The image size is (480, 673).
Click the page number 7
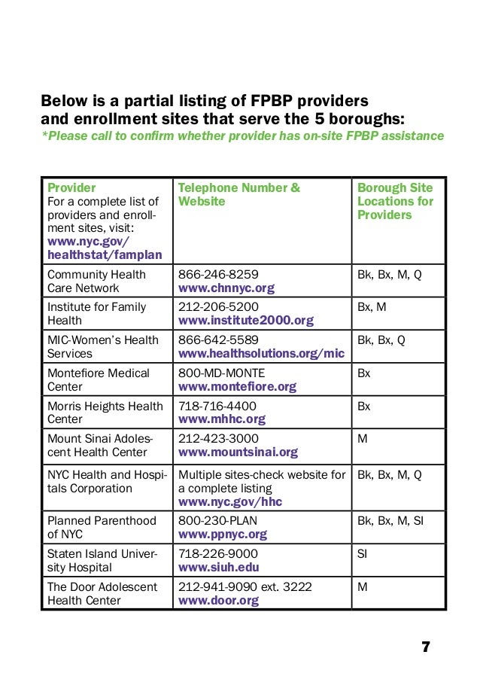point(426,647)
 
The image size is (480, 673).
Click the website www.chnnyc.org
point(226,288)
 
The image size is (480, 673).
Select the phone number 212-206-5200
point(217,307)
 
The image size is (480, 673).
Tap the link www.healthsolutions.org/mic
point(260,354)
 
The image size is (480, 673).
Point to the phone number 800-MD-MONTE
point(221,373)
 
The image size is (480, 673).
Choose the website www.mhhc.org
point(221,419)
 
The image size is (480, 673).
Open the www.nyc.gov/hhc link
point(229,501)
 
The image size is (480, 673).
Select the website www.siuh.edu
point(219,568)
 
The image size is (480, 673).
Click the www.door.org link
point(218,601)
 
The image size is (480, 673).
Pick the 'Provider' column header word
point(71,187)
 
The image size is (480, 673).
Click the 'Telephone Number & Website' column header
point(238,194)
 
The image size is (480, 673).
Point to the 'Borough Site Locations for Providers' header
point(395,201)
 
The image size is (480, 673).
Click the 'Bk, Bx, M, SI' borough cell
point(390,521)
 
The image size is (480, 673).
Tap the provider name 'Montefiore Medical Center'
point(99,379)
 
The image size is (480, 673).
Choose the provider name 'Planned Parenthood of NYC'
point(102,528)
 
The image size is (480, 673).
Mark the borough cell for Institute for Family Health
point(372,307)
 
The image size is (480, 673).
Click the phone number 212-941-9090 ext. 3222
point(245,587)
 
